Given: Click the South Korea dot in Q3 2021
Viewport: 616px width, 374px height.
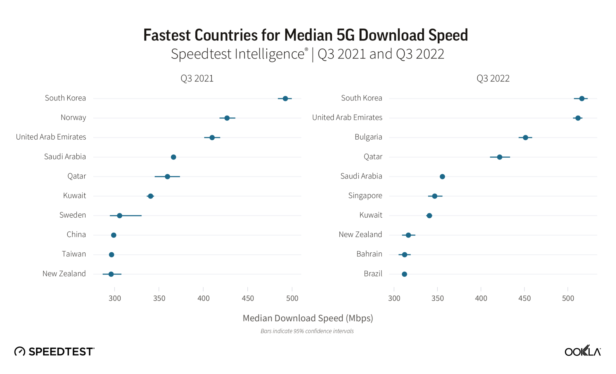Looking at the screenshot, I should point(285,99).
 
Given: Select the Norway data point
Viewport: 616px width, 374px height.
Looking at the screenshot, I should point(227,118).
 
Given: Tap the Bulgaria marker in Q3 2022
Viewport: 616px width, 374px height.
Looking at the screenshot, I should point(525,138).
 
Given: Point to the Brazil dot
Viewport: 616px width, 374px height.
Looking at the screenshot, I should point(404,274).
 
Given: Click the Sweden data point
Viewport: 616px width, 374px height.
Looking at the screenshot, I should point(119,216).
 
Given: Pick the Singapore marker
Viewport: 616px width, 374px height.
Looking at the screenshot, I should point(434,196).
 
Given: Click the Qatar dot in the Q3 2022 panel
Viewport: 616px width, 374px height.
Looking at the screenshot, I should point(499,157).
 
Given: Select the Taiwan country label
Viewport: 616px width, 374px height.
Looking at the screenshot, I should point(74,254).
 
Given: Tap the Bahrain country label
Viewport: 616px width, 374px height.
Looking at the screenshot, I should point(369,254).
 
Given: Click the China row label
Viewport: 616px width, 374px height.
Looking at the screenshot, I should point(76,235).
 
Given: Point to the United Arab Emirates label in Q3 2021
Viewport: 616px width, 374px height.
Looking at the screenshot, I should point(51,137).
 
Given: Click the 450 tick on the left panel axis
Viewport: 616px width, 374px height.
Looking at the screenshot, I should point(248,298).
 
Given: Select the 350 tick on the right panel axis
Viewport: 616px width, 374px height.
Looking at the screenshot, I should point(438,298).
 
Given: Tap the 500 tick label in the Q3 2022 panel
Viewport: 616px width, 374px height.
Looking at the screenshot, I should point(568,298).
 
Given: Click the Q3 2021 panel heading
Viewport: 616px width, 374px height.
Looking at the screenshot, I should point(197,79).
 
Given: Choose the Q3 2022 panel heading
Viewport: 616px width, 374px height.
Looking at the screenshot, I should point(493,79).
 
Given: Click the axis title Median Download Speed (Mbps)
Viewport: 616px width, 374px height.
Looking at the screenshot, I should point(308,318).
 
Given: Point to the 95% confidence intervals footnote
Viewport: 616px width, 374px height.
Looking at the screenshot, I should point(307,331).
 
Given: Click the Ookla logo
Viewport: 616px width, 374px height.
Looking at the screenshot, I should point(582,351).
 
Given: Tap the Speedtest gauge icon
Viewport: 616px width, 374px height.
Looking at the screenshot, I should point(20,351).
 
